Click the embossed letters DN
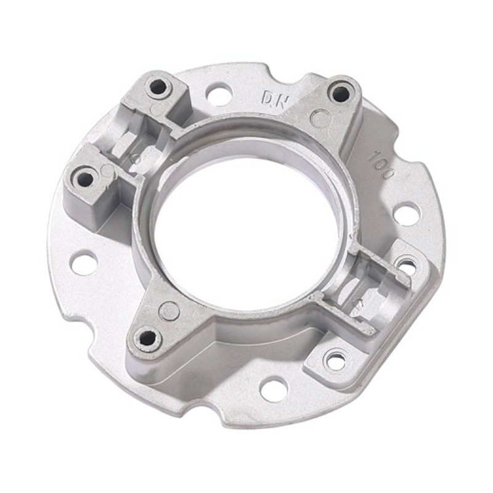[x=274, y=99]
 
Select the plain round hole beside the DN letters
[x=219, y=93]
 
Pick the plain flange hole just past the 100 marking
[x=407, y=213]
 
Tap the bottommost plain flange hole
[x=274, y=390]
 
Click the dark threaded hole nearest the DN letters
[x=341, y=94]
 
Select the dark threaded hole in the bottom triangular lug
[x=147, y=338]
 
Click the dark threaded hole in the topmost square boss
[x=158, y=87]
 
